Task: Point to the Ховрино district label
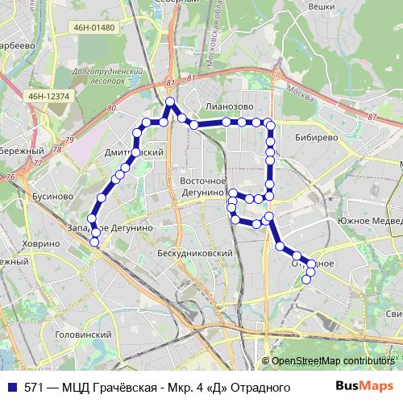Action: coord(40,243)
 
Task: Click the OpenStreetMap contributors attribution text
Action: coord(332,361)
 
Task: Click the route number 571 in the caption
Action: coord(34,388)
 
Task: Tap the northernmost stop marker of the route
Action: coord(170,102)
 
